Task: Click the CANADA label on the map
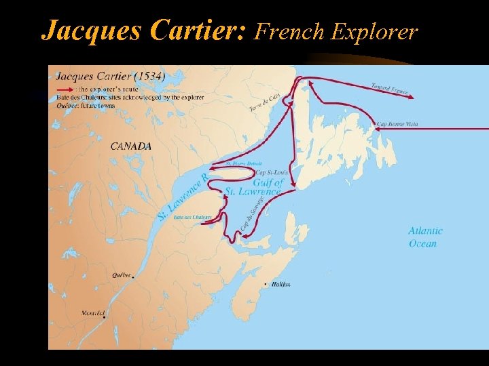click(131, 146)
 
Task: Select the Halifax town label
click(280, 284)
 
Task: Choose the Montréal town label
click(94, 313)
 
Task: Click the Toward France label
click(390, 89)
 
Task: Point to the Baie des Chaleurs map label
click(193, 218)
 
